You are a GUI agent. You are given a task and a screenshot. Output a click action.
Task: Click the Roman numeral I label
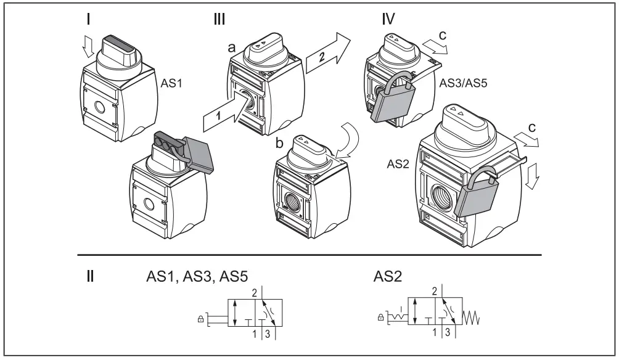click(89, 18)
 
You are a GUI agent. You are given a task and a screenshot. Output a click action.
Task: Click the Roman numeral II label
click(90, 276)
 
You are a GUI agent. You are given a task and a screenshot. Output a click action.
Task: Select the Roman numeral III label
click(219, 18)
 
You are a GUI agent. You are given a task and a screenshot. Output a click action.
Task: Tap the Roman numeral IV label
click(389, 18)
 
